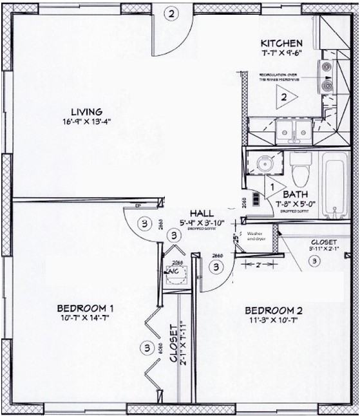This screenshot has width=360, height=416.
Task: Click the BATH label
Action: coord(294,194)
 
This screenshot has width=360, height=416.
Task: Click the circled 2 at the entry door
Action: coord(171,13)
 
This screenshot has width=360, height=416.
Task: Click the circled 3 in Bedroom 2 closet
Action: coord(314,261)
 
